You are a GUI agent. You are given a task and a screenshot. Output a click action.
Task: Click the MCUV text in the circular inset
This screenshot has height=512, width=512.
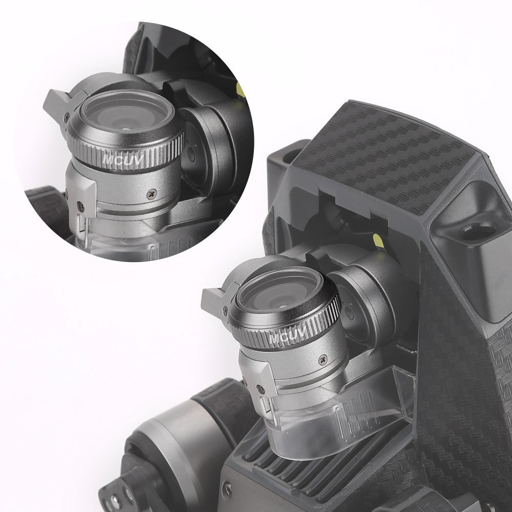123,159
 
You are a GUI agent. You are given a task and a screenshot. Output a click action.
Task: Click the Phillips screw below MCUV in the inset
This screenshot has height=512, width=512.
152,194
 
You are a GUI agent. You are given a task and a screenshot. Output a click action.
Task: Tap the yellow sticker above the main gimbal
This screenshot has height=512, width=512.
378,241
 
